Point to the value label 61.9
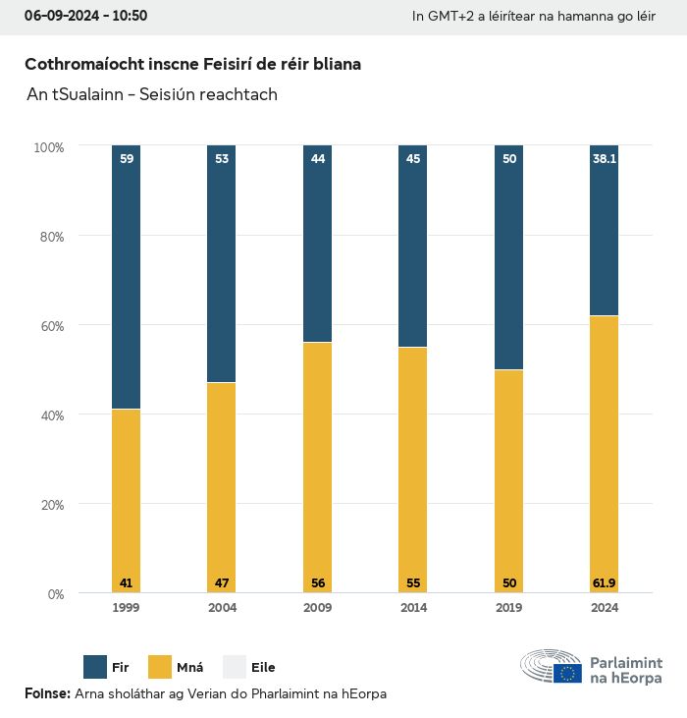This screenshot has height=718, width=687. pos(605,583)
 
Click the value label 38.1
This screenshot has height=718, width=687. pos(605,158)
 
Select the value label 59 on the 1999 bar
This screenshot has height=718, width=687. pos(127,158)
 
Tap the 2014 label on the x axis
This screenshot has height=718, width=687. pos(413,608)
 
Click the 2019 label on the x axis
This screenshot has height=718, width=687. pos(509,608)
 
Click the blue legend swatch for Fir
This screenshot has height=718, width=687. pos(95,668)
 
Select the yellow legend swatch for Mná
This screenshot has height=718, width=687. pos(160,668)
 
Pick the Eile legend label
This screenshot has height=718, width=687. pos(263,668)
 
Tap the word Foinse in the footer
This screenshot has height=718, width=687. pos(46,694)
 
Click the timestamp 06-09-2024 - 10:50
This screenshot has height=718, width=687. pos(85,16)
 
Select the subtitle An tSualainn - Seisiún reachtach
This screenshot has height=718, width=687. pos(152,95)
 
